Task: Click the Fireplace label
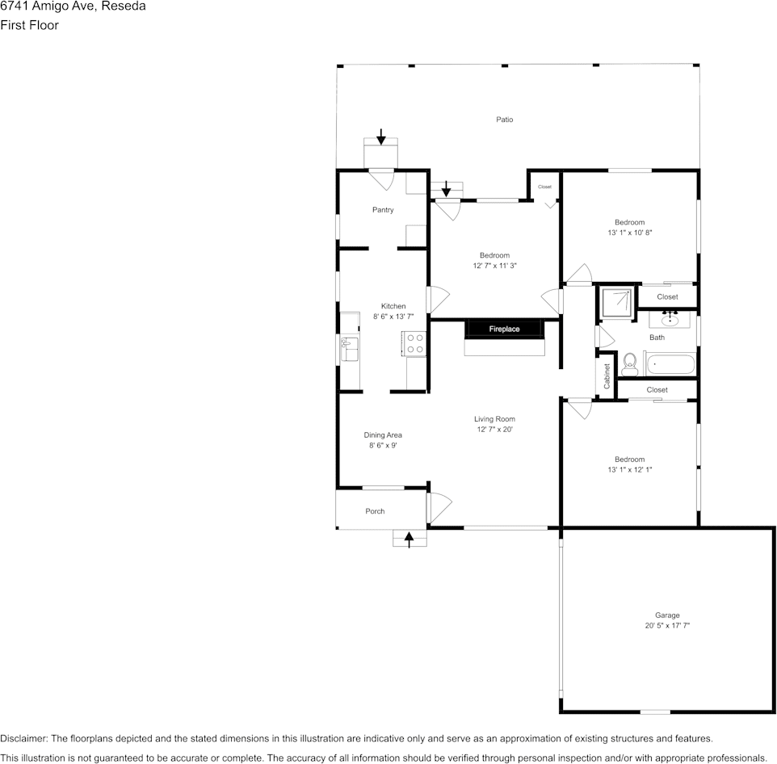(504, 330)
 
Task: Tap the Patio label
(504, 120)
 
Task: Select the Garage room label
(666, 615)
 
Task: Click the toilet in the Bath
(630, 364)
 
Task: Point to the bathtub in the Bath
(668, 364)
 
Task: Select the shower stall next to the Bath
(617, 302)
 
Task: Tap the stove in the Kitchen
(414, 344)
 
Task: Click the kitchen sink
(351, 351)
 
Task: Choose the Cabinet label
(607, 376)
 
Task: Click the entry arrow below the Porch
(409, 539)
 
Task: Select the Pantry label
(383, 210)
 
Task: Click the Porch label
(375, 511)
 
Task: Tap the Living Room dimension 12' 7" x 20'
(494, 430)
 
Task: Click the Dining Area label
(383, 435)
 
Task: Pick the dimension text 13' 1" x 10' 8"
(629, 233)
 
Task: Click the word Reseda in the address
(124, 6)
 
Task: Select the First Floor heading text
(29, 25)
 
